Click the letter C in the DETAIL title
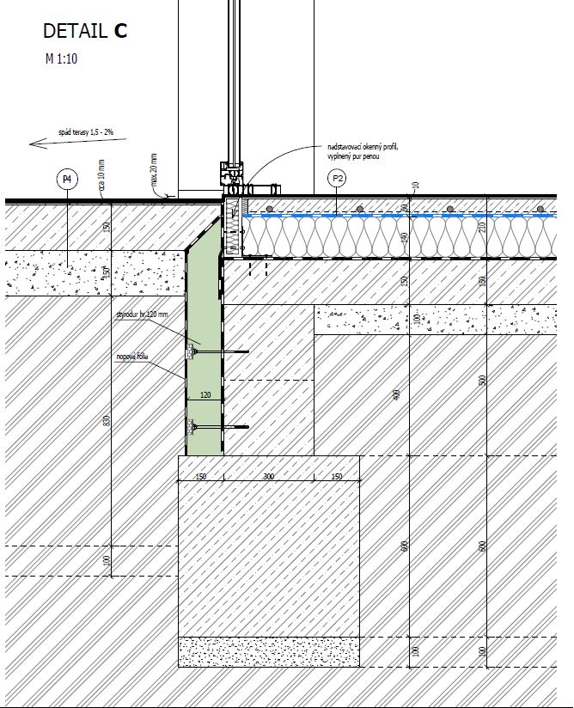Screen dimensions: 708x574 (119, 31)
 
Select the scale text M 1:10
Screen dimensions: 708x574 (63, 59)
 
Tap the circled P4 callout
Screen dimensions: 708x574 (67, 180)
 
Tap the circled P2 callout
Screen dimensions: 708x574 (337, 179)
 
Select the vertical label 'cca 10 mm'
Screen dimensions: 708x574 (101, 175)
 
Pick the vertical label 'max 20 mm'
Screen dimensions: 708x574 (154, 170)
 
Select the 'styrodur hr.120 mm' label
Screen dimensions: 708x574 (142, 315)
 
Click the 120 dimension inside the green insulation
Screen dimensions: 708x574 (205, 396)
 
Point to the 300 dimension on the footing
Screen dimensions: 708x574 (268, 476)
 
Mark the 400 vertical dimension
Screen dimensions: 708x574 (397, 394)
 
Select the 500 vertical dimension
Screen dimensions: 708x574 (483, 381)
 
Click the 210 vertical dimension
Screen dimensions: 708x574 (484, 226)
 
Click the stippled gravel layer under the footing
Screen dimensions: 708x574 (268, 651)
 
